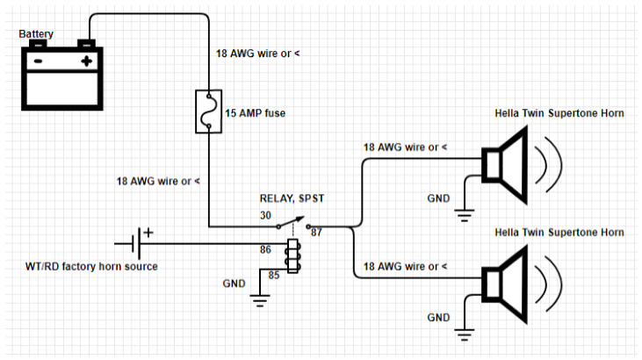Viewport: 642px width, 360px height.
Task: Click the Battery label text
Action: click(x=37, y=34)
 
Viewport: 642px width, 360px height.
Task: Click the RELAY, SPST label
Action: click(x=286, y=198)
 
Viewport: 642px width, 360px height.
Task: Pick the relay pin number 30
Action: click(x=266, y=216)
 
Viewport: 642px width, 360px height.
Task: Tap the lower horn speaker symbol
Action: click(x=506, y=284)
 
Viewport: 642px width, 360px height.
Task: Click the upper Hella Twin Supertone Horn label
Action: click(x=559, y=113)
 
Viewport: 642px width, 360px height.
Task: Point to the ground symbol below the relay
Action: click(x=259, y=302)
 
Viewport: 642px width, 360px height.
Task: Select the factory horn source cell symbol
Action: click(x=135, y=241)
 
